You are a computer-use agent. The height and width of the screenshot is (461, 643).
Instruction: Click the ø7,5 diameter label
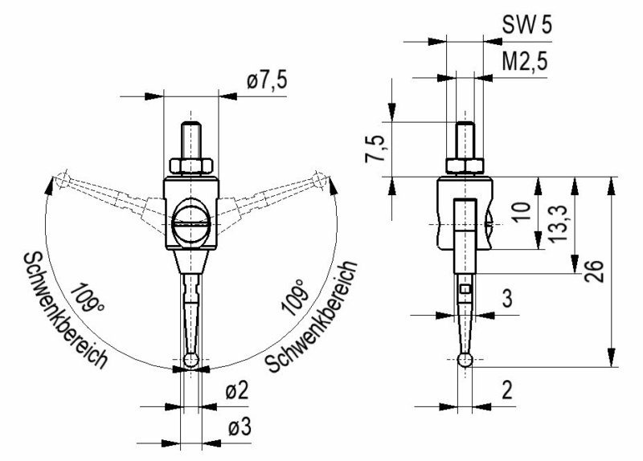[267, 80]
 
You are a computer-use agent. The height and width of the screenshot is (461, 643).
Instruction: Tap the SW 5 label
[527, 25]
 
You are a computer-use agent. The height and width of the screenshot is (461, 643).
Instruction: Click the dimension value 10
[522, 211]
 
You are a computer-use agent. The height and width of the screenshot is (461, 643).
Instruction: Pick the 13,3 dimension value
[558, 224]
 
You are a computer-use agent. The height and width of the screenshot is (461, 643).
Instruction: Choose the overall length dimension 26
[594, 271]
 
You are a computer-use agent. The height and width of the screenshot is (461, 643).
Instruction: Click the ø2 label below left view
[237, 390]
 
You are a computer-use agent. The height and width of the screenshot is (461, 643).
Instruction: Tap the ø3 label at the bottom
[240, 427]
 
